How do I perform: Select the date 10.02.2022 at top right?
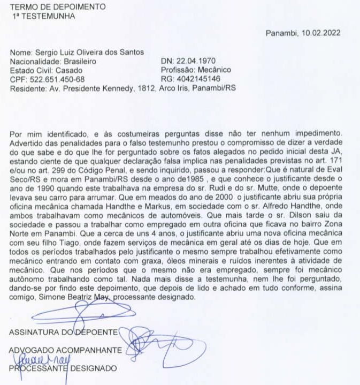point(321,33)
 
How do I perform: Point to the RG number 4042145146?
point(195,79)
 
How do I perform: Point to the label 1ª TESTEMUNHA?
point(44,16)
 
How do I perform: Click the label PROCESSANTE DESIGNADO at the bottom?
point(63,368)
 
